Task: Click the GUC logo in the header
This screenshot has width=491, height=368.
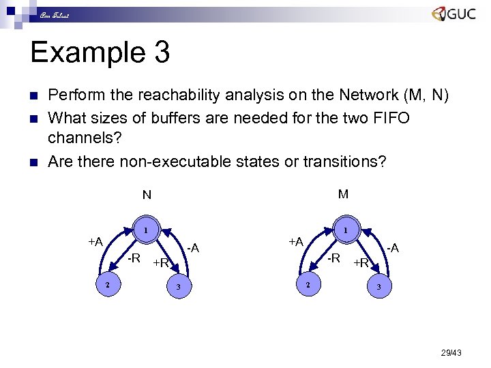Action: [453, 14]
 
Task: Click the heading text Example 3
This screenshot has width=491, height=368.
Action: [100, 52]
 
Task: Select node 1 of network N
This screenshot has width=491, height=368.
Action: [146, 230]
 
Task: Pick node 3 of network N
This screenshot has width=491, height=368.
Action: [179, 287]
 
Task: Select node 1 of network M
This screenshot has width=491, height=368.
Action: [346, 230]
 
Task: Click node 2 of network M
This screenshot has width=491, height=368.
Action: [308, 284]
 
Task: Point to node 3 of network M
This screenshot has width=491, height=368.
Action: [378, 287]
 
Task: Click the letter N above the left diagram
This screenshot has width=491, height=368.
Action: [147, 196]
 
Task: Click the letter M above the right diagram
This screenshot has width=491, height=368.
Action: [343, 194]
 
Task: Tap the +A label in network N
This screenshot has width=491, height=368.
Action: [95, 241]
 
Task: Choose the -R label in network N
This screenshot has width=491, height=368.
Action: [134, 258]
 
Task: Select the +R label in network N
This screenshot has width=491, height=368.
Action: [161, 263]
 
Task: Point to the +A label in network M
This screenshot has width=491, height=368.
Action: [296, 241]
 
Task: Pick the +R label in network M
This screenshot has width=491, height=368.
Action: [361, 263]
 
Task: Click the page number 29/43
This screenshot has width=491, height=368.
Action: [451, 352]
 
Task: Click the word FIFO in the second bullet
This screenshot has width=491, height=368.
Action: [385, 118]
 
